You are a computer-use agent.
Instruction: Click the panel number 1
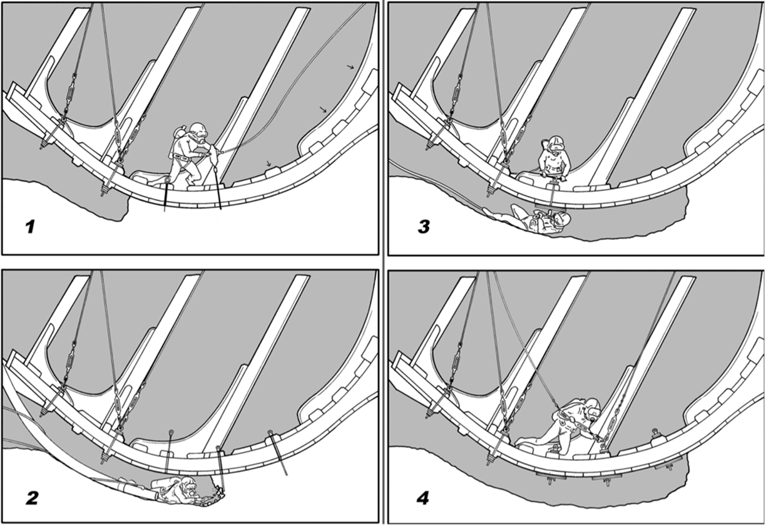pos(30,227)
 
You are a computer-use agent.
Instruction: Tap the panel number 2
pos(32,498)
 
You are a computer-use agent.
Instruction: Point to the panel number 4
pos(422,498)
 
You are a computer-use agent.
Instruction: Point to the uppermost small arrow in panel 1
pos(351,67)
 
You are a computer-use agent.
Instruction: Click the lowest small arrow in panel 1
pos(268,163)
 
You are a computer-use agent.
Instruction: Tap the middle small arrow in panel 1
pos(324,110)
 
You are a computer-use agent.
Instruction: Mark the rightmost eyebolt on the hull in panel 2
pos(270,433)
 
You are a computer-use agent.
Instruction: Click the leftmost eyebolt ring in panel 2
pos(171,433)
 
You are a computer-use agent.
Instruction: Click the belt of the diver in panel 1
pos(183,157)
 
